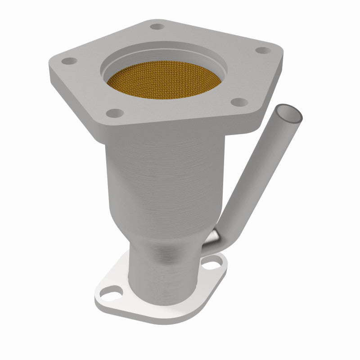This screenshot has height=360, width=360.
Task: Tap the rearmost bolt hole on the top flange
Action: tap(157, 27)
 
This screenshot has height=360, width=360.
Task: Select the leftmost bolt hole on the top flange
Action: tap(68, 60)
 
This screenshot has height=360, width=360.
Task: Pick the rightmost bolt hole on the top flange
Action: tap(262, 50)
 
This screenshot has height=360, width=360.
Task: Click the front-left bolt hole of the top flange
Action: tap(116, 112)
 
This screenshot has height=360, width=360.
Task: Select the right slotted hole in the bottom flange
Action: tap(211, 263)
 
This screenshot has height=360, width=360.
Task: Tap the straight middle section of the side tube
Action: tap(256, 175)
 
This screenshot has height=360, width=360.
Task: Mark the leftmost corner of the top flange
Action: tap(50, 67)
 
